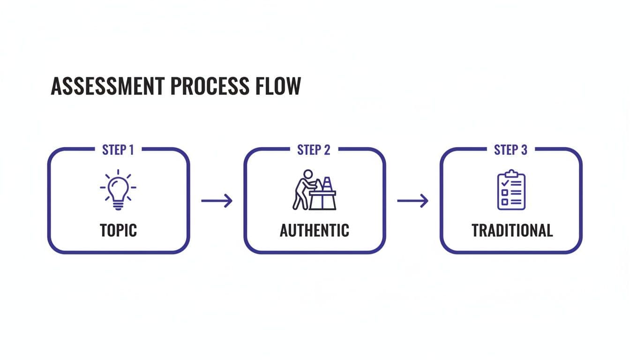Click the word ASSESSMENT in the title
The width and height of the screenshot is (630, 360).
[107, 86]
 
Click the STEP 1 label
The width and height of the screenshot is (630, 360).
[118, 150]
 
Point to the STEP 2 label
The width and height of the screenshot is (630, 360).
[314, 150]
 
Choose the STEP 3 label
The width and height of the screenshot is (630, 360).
[510, 150]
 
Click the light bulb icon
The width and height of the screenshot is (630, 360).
[118, 189]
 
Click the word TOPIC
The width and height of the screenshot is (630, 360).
[118, 230]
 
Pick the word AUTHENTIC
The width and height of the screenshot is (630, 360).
[314, 230]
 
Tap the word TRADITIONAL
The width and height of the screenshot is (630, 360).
[512, 230]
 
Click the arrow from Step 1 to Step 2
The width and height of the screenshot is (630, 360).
[217, 201]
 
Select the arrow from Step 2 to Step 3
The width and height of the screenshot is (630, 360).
[412, 201]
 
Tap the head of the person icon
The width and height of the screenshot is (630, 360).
[307, 174]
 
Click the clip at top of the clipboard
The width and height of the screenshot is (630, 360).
[511, 173]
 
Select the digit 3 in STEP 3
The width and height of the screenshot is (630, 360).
[524, 150]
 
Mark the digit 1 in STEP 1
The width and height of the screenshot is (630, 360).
[131, 150]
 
